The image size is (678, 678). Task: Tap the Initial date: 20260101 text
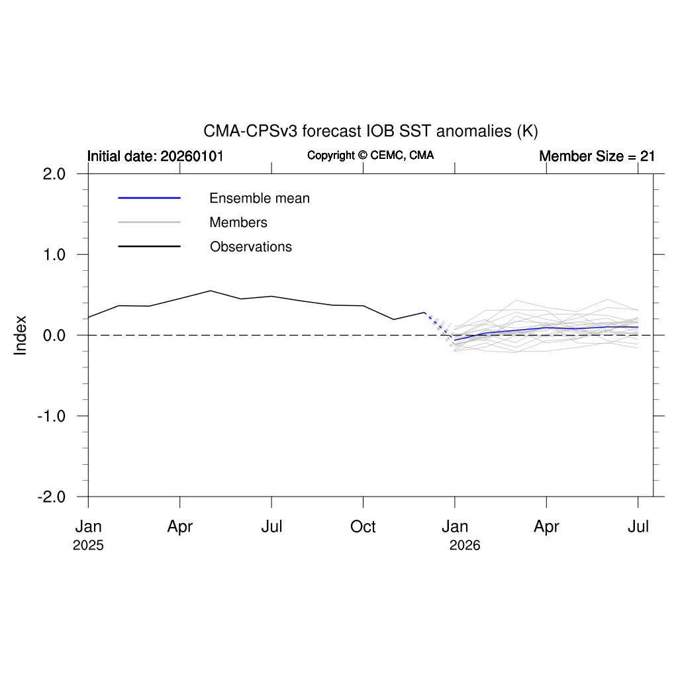pyautogui.click(x=156, y=156)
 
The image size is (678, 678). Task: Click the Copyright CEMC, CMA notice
pyautogui.click(x=370, y=156)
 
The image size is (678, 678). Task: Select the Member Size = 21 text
pyautogui.click(x=597, y=156)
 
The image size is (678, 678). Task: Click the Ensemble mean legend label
pyautogui.click(x=260, y=198)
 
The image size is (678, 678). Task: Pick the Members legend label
pyautogui.click(x=238, y=222)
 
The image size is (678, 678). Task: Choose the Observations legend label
pyautogui.click(x=251, y=247)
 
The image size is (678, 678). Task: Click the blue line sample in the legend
pyautogui.click(x=149, y=198)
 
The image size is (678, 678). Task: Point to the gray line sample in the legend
pyautogui.click(x=149, y=222)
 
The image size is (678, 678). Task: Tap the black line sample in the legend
pyautogui.click(x=149, y=247)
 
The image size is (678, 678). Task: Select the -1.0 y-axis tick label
pyautogui.click(x=52, y=416)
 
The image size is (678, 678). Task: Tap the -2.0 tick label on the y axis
pyautogui.click(x=52, y=497)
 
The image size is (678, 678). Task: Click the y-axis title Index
pyautogui.click(x=21, y=335)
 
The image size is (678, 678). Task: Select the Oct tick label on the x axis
pyautogui.click(x=363, y=527)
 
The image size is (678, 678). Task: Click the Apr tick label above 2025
pyautogui.click(x=179, y=527)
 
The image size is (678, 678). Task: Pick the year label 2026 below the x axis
pyautogui.click(x=465, y=546)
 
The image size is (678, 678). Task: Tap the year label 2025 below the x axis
pyautogui.click(x=88, y=546)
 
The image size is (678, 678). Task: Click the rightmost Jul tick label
pyautogui.click(x=638, y=527)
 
